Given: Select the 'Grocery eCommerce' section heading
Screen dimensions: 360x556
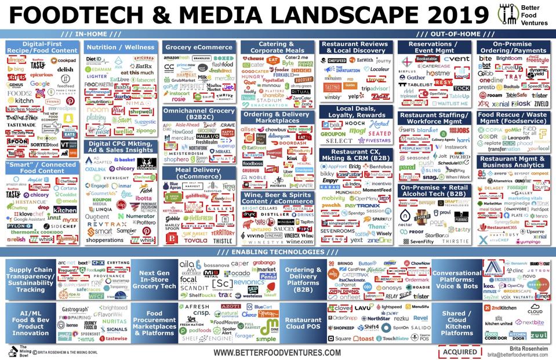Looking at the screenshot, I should pos(198,48).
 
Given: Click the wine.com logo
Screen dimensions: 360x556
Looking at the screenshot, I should pos(300,241).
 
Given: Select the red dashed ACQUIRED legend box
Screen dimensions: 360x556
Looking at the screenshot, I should pos(460,351).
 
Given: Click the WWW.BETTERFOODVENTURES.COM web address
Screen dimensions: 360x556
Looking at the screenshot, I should pos(277,352).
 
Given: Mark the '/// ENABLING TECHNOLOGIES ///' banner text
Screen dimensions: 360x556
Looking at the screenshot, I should pos(278,252).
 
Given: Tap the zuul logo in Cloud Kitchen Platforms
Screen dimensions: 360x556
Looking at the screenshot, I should pos(538,335).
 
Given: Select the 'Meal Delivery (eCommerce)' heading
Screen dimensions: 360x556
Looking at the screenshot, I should pos(198,172).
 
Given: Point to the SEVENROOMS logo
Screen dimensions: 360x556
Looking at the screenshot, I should pos(337,231).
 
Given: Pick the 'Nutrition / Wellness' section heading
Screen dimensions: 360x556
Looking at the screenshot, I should pos(119,48).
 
